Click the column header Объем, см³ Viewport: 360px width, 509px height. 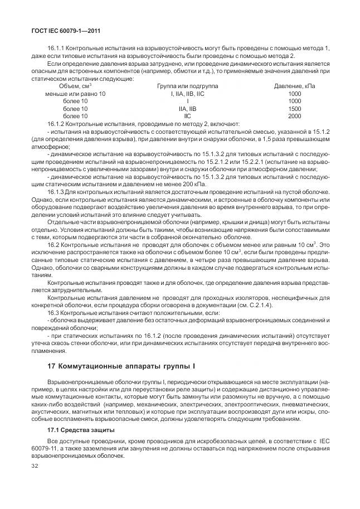75,86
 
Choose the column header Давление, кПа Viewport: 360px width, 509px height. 294,86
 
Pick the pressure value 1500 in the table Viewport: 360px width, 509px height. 294,108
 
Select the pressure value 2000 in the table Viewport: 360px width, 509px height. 294,115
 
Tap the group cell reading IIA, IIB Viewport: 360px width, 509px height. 188,108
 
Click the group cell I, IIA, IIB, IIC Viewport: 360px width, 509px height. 188,94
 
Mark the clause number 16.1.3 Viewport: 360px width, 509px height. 57,191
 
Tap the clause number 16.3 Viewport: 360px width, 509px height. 54,313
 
